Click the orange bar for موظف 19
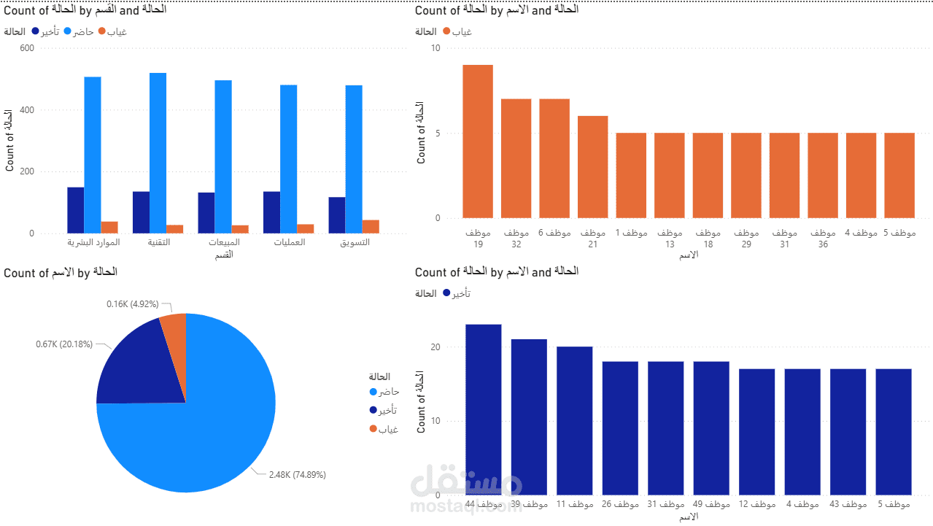[478, 142]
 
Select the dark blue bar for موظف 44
[484, 409]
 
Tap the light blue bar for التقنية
[158, 153]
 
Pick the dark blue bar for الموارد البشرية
[75, 210]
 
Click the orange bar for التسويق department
[371, 227]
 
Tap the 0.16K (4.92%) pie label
[132, 304]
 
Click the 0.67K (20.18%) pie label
[64, 344]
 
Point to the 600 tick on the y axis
[26, 48]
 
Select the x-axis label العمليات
[288, 242]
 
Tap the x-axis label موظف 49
[711, 505]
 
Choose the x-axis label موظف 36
[823, 239]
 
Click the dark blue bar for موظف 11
[575, 421]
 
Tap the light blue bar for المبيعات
[223, 157]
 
